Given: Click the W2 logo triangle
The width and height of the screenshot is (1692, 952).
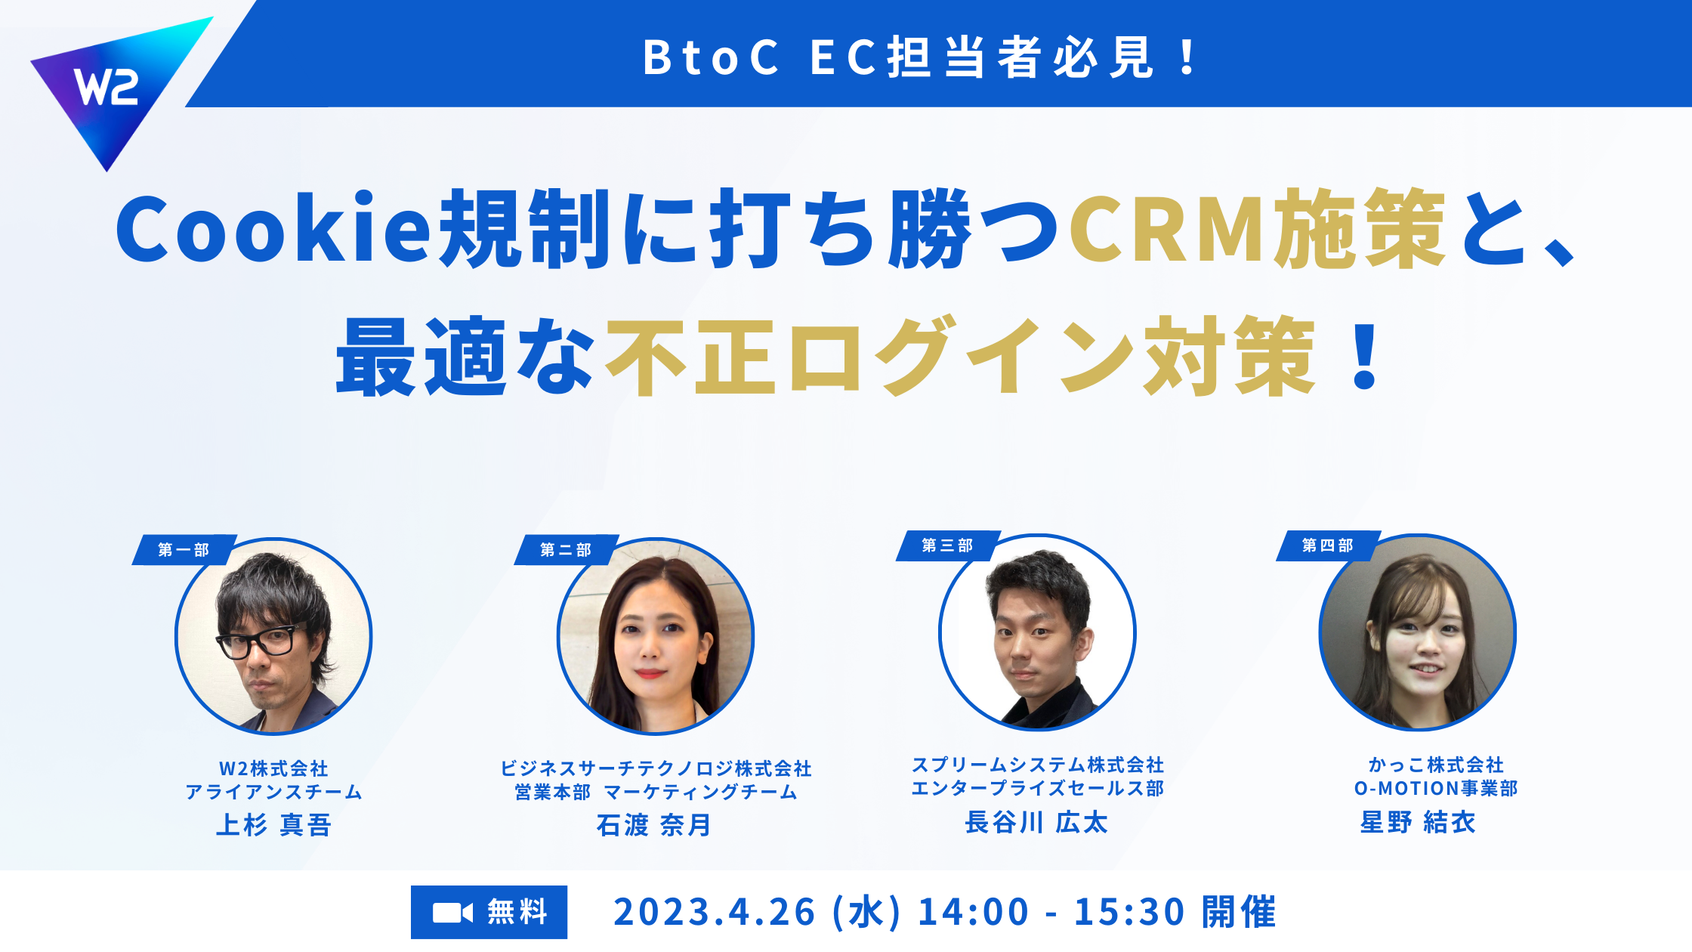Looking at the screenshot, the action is (113, 87).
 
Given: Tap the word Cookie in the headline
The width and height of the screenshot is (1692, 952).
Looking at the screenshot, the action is (273, 230).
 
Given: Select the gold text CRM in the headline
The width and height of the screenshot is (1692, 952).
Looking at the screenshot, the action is (1168, 230).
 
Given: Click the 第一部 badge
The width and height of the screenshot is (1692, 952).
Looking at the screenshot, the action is (184, 550).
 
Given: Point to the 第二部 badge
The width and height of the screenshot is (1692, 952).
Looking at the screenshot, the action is (567, 550).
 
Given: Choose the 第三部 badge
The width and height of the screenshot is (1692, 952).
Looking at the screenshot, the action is (948, 546).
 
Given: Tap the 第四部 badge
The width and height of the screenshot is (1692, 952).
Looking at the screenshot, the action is (1329, 546).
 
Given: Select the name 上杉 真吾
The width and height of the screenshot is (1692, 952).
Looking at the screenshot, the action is (273, 824).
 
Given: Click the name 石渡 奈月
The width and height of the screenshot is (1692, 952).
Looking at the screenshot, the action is (654, 824).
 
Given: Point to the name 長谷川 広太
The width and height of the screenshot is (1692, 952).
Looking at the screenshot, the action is (1036, 822).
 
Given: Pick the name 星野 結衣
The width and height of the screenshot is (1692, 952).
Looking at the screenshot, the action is (1418, 822).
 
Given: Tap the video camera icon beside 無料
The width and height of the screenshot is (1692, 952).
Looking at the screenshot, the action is (452, 913).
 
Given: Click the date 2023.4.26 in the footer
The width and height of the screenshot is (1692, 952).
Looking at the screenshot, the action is (715, 912).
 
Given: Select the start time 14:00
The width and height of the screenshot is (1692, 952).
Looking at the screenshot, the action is (974, 912).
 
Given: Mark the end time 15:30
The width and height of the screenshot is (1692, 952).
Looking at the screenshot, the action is (1130, 912).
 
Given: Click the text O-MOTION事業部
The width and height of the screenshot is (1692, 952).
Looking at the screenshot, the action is (1436, 789).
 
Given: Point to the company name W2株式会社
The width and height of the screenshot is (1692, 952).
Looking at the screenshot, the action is (273, 768).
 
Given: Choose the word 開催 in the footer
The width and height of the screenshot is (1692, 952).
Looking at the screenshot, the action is (1239, 912).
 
